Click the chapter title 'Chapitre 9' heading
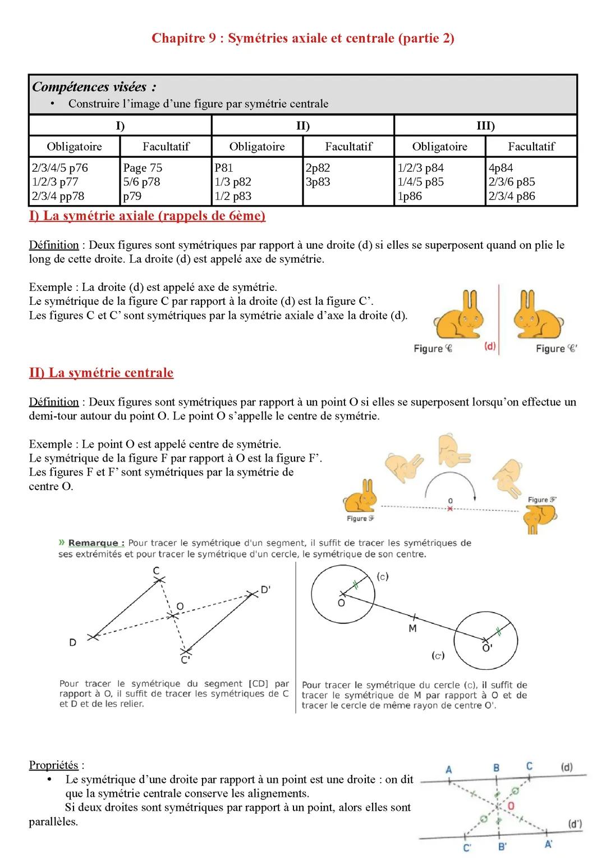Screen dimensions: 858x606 tap(302, 38)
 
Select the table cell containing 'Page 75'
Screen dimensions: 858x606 tap(166, 181)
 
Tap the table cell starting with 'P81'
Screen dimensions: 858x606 tap(257, 181)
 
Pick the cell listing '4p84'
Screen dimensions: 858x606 tap(531, 181)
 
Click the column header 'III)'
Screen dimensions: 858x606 tap(485, 126)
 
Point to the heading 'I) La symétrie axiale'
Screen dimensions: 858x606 tap(147, 216)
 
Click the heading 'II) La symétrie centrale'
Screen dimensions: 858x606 tap(101, 373)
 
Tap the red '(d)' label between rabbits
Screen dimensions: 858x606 tap(490, 346)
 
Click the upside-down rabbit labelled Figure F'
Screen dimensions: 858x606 tap(539, 517)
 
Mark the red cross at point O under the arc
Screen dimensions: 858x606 tap(449, 509)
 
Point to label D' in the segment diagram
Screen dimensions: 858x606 tap(265, 590)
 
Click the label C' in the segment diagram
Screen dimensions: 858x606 tap(185, 660)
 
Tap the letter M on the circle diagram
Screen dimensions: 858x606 tap(412, 628)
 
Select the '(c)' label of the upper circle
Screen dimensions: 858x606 tap(383, 577)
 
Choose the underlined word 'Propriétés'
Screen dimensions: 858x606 tap(54, 765)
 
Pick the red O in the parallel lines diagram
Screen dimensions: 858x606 tap(511, 806)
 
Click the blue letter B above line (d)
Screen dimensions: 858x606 tap(497, 768)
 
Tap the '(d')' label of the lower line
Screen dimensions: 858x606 tap(575, 824)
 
